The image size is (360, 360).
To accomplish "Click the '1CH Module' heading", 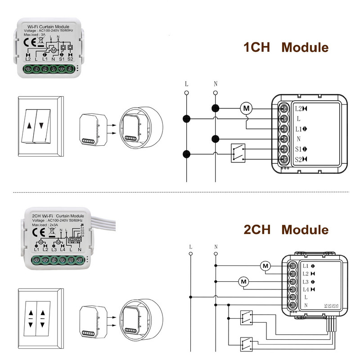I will (x=286, y=47).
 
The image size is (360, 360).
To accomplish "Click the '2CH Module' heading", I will (x=286, y=229).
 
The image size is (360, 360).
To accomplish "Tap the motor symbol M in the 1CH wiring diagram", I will (x=246, y=108).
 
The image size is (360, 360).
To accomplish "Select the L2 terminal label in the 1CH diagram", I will (x=298, y=108).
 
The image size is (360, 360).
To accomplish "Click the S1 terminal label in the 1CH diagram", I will (x=298, y=149).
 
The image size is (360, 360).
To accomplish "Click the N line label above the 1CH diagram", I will (x=215, y=84).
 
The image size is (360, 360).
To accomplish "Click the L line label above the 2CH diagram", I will (x=191, y=247).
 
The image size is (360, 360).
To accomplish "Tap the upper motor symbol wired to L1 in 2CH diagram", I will (x=265, y=265).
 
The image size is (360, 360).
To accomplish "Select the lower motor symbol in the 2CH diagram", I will (x=244, y=282).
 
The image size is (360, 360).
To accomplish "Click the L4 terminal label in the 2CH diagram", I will (x=306, y=289).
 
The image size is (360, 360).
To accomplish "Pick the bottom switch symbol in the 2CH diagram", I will (x=246, y=343).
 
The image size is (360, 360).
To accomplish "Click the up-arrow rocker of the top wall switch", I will (x=30, y=126).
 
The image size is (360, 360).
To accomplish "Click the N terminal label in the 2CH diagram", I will (x=306, y=306).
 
